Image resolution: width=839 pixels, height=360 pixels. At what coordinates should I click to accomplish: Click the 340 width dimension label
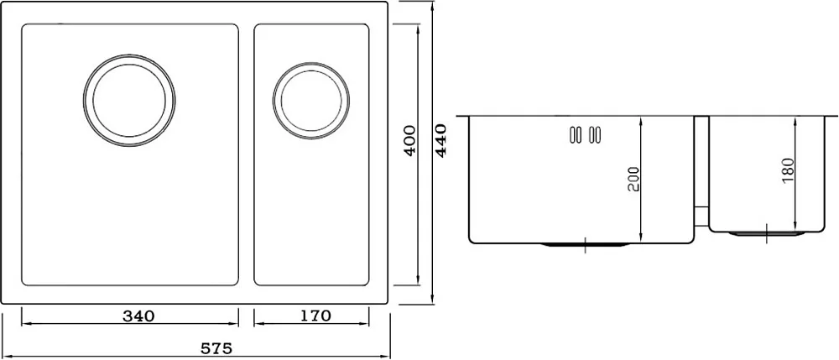138,316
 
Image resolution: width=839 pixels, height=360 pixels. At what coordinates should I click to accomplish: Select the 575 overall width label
216,349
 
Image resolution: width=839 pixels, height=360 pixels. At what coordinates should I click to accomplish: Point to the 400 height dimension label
410,140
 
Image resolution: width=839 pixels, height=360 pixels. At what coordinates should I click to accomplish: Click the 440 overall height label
441,140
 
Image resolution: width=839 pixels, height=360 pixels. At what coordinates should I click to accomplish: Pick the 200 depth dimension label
633,180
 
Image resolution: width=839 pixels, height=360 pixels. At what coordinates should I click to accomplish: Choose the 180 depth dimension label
788,170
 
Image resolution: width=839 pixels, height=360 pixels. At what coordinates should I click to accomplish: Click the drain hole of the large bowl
129,101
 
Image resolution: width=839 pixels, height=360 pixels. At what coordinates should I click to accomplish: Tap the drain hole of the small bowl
311,101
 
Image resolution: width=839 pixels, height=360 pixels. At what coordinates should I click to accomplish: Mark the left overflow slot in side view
576,135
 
